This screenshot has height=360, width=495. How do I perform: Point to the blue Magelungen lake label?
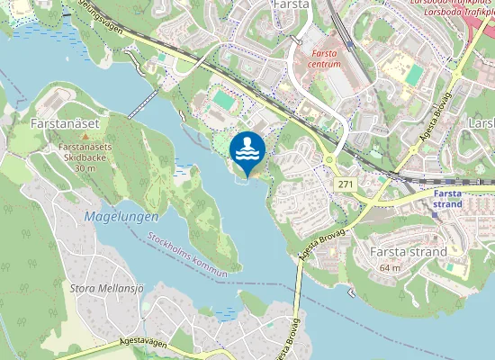pos(121,217)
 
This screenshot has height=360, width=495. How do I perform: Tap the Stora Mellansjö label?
pos(103,289)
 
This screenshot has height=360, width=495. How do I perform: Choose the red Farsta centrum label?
pos(324,58)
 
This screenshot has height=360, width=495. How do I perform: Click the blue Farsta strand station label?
pos(447,198)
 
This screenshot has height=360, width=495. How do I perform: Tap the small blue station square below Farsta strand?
pos(447,215)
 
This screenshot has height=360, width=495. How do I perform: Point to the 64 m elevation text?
pos(390,267)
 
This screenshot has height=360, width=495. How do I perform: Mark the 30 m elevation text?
pos(85,168)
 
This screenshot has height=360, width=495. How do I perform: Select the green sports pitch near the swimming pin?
pos(221,99)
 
